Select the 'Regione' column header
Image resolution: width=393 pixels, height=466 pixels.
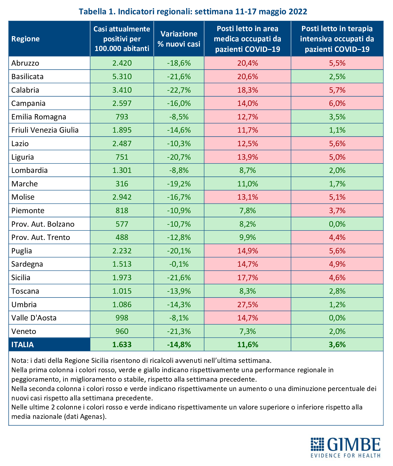click(x=25, y=39)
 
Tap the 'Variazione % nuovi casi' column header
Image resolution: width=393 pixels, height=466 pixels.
click(x=179, y=39)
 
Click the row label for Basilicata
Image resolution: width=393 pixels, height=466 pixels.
click(x=27, y=76)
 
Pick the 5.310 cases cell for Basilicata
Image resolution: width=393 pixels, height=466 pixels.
click(x=122, y=76)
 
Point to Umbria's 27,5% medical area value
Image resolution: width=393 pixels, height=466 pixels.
click(x=248, y=304)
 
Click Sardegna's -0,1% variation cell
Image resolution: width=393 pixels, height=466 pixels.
click(x=179, y=264)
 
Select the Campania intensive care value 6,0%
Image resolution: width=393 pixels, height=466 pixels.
click(x=337, y=103)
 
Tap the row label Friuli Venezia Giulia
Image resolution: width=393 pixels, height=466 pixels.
click(x=45, y=130)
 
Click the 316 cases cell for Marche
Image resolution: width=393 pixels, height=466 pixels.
click(x=122, y=184)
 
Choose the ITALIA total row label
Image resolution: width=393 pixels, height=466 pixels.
click(x=23, y=345)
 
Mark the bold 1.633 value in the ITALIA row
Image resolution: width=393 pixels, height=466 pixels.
click(x=122, y=345)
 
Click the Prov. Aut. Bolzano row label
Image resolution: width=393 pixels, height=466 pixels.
click(x=43, y=224)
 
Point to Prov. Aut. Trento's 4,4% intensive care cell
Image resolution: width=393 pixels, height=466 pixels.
click(x=337, y=237)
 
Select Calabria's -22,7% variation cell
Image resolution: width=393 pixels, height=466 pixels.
click(x=179, y=90)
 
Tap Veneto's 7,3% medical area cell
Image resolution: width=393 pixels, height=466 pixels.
click(x=248, y=331)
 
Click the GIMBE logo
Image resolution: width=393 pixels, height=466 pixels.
click(x=346, y=447)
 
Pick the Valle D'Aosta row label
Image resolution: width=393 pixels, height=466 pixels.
click(x=34, y=318)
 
